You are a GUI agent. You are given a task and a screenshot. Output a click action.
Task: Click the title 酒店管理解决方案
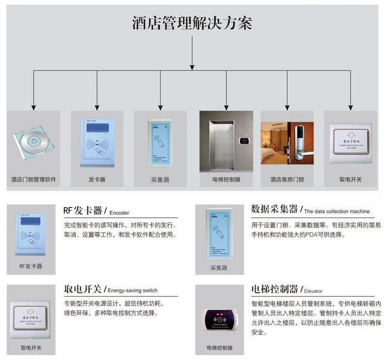192,23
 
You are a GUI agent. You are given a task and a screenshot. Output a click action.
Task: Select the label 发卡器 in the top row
97,180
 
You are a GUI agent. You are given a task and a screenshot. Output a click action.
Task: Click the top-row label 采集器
160,180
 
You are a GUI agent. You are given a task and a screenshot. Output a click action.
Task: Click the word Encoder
119,212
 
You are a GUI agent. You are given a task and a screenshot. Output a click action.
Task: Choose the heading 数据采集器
274,209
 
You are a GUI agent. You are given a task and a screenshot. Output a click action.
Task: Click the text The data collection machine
337,211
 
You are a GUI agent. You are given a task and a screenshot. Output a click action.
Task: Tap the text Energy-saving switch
133,290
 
